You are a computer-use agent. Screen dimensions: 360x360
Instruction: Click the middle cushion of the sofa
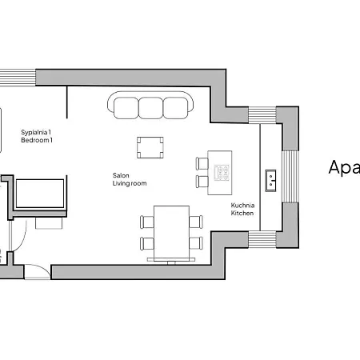[150, 106]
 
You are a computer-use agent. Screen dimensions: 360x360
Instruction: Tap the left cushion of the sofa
[126, 106]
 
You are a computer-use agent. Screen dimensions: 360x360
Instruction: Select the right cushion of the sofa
[174, 106]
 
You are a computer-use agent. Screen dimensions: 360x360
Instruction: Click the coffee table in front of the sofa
[150, 147]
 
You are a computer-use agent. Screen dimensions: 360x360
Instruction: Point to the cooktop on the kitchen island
[222, 171]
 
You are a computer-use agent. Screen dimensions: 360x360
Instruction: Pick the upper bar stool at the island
[202, 164]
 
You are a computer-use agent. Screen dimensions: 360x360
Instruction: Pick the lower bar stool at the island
[202, 182]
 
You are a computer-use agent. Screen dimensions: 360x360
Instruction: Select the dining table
[170, 232]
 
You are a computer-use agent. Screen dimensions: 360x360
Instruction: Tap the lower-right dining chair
[195, 243]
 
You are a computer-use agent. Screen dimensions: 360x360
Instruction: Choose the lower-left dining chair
[147, 243]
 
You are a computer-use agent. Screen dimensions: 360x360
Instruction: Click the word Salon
[121, 175]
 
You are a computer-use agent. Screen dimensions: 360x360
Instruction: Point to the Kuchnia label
[243, 205]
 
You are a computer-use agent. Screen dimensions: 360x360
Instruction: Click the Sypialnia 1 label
[36, 132]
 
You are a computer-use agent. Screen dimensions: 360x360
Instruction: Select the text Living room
[130, 184]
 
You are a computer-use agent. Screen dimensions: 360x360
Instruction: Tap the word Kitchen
[242, 214]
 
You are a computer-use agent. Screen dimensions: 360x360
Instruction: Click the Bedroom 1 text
[36, 141]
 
